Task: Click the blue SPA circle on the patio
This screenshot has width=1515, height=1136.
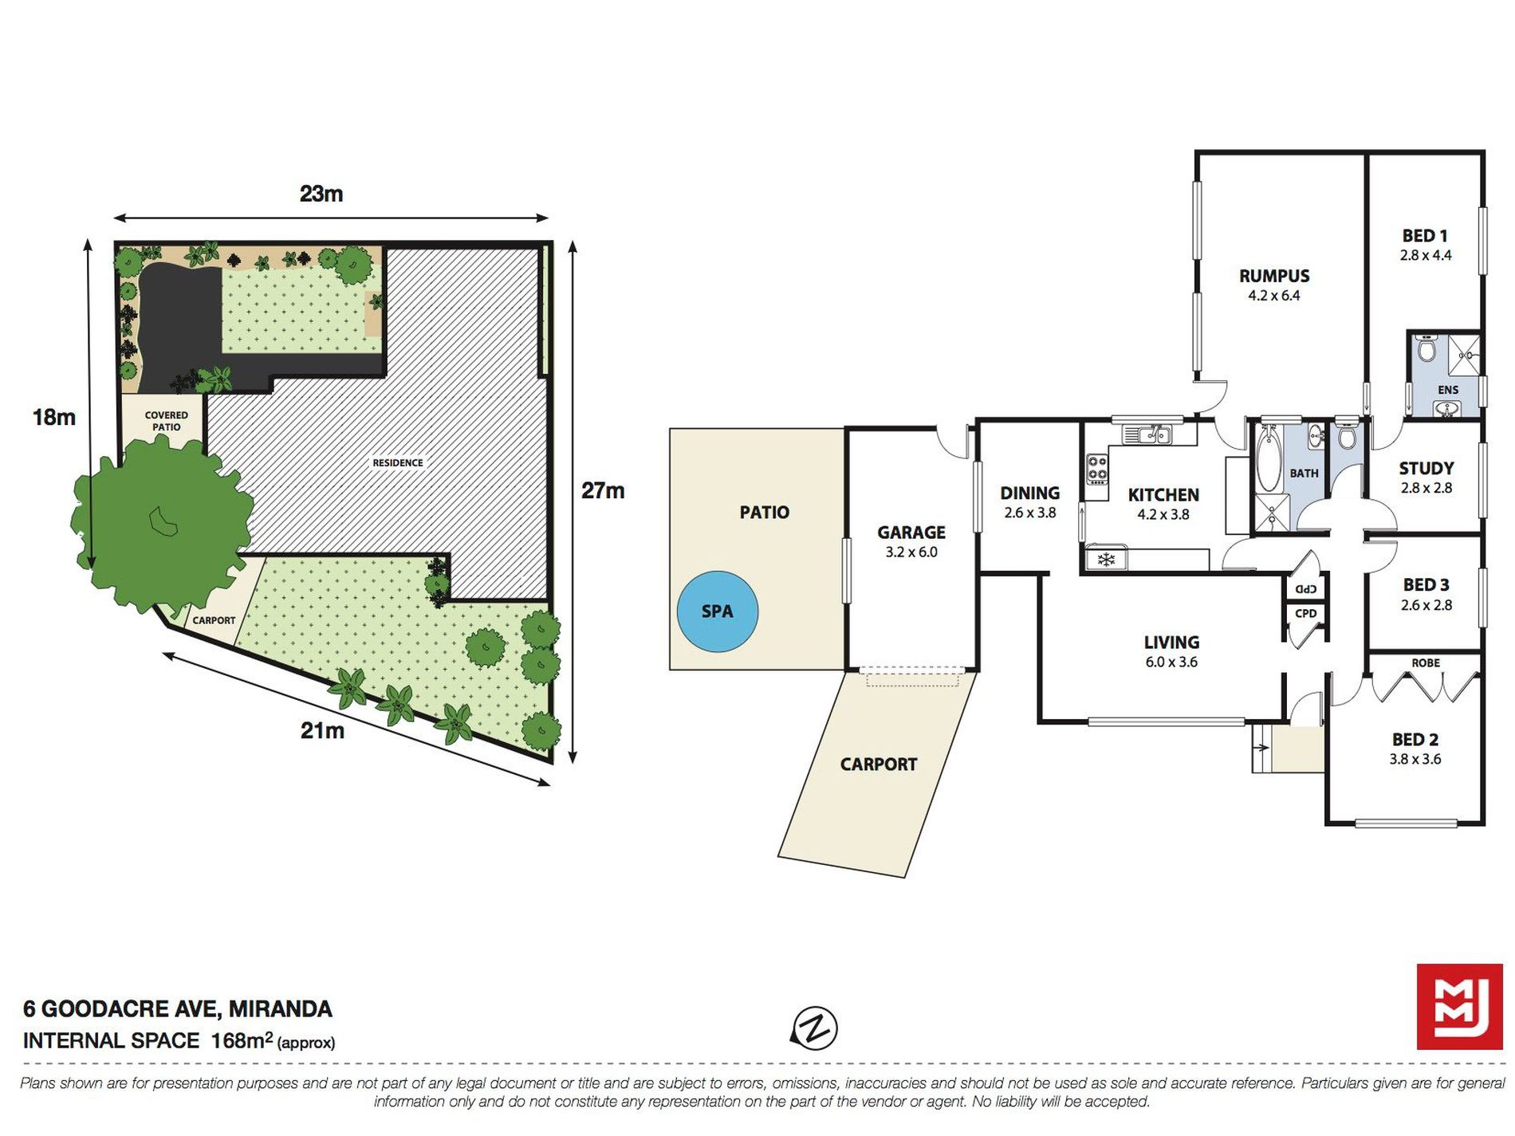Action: tap(717, 611)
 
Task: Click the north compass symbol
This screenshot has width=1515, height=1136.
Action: tap(814, 1028)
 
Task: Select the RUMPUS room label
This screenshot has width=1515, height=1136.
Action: tap(1273, 276)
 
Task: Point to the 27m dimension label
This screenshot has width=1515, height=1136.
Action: tap(603, 490)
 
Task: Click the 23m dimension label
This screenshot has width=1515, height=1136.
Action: tap(321, 194)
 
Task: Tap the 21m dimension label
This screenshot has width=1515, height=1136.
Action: tap(322, 730)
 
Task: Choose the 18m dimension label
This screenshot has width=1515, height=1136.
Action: tap(54, 417)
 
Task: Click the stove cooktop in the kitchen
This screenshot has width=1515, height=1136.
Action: tap(1097, 470)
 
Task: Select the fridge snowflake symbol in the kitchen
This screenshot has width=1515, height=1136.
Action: tap(1106, 560)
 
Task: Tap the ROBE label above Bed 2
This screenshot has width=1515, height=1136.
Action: tap(1426, 662)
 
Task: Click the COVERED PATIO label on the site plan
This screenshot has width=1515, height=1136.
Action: tap(167, 421)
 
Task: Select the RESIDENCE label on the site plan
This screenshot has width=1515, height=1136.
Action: tap(398, 462)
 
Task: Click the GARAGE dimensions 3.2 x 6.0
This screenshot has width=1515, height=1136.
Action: tap(911, 552)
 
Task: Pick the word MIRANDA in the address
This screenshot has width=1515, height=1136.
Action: tap(281, 1009)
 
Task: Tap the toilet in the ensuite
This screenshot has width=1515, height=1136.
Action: tap(1426, 348)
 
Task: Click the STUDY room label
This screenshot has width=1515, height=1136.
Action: tap(1426, 468)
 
